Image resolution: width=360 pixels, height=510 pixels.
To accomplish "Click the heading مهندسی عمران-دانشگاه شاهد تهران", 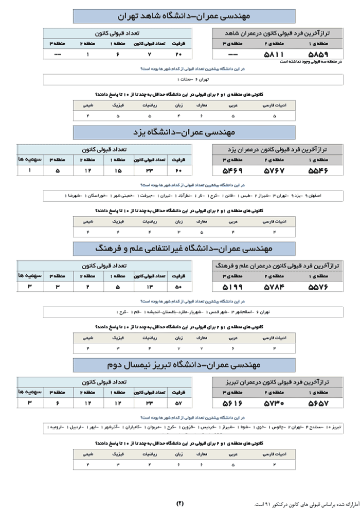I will [x=184, y=16].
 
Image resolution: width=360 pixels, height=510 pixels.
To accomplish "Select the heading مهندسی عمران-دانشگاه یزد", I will [x=184, y=132].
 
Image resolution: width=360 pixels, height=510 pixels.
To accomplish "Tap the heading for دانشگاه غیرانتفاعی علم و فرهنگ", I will [x=184, y=249].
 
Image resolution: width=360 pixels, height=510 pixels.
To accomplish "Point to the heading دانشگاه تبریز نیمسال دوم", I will [x=184, y=365].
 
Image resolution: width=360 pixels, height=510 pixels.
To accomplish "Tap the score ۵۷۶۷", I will [x=274, y=170].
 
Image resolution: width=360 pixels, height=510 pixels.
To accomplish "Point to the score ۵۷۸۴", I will [x=274, y=287].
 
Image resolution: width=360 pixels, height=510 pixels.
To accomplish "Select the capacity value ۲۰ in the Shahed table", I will [x=178, y=54].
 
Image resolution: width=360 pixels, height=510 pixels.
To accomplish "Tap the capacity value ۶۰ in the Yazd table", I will [x=178, y=170].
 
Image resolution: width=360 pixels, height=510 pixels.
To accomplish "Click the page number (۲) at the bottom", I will [x=180, y=503].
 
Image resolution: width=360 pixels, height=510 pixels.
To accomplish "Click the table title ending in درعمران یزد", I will [x=278, y=149].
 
